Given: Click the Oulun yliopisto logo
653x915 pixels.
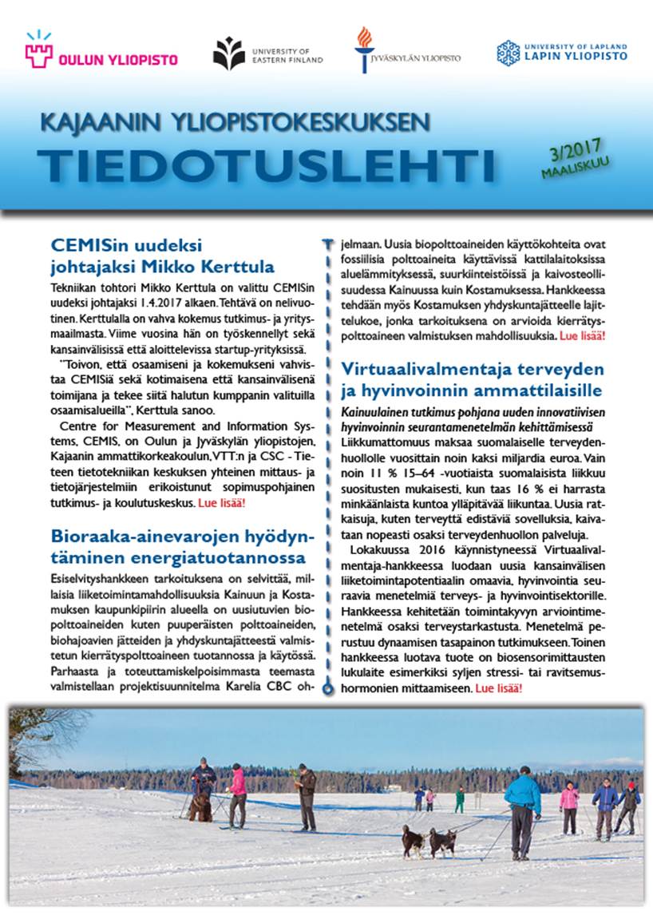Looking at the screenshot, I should [100, 54].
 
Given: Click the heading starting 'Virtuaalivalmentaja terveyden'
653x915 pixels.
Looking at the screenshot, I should [471, 380].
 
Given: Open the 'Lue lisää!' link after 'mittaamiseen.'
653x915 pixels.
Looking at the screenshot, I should [499, 687].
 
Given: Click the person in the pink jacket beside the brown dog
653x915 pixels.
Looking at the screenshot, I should [238, 794].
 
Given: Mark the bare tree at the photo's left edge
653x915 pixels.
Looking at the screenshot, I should [36, 739].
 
